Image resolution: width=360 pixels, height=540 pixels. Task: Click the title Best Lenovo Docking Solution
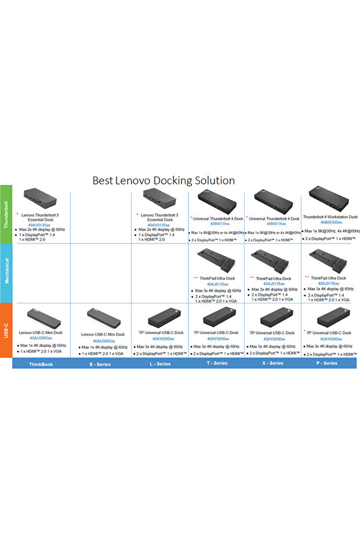pyautogui.click(x=163, y=180)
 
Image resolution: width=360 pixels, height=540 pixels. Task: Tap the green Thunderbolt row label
pyautogui.click(x=6, y=214)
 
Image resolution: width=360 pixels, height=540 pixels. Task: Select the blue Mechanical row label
pyautogui.click(x=6, y=271)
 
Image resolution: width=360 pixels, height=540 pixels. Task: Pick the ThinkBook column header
pyautogui.click(x=41, y=364)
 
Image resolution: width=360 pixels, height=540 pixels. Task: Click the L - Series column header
pyautogui.click(x=159, y=364)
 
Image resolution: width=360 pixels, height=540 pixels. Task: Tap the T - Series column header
pyautogui.click(x=216, y=364)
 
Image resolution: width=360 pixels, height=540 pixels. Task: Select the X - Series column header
pyautogui.click(x=272, y=364)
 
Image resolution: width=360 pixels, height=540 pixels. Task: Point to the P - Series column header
pyautogui.click(x=326, y=364)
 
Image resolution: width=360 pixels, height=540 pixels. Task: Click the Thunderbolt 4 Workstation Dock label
pyautogui.click(x=330, y=217)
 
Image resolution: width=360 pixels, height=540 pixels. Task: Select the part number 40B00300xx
pyautogui.click(x=331, y=222)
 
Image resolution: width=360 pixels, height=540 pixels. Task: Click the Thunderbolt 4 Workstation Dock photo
pyautogui.click(x=328, y=200)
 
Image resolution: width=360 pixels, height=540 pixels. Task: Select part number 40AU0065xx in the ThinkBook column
pyautogui.click(x=41, y=338)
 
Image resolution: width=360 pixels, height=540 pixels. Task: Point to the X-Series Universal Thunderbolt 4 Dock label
pyautogui.click(x=274, y=219)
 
